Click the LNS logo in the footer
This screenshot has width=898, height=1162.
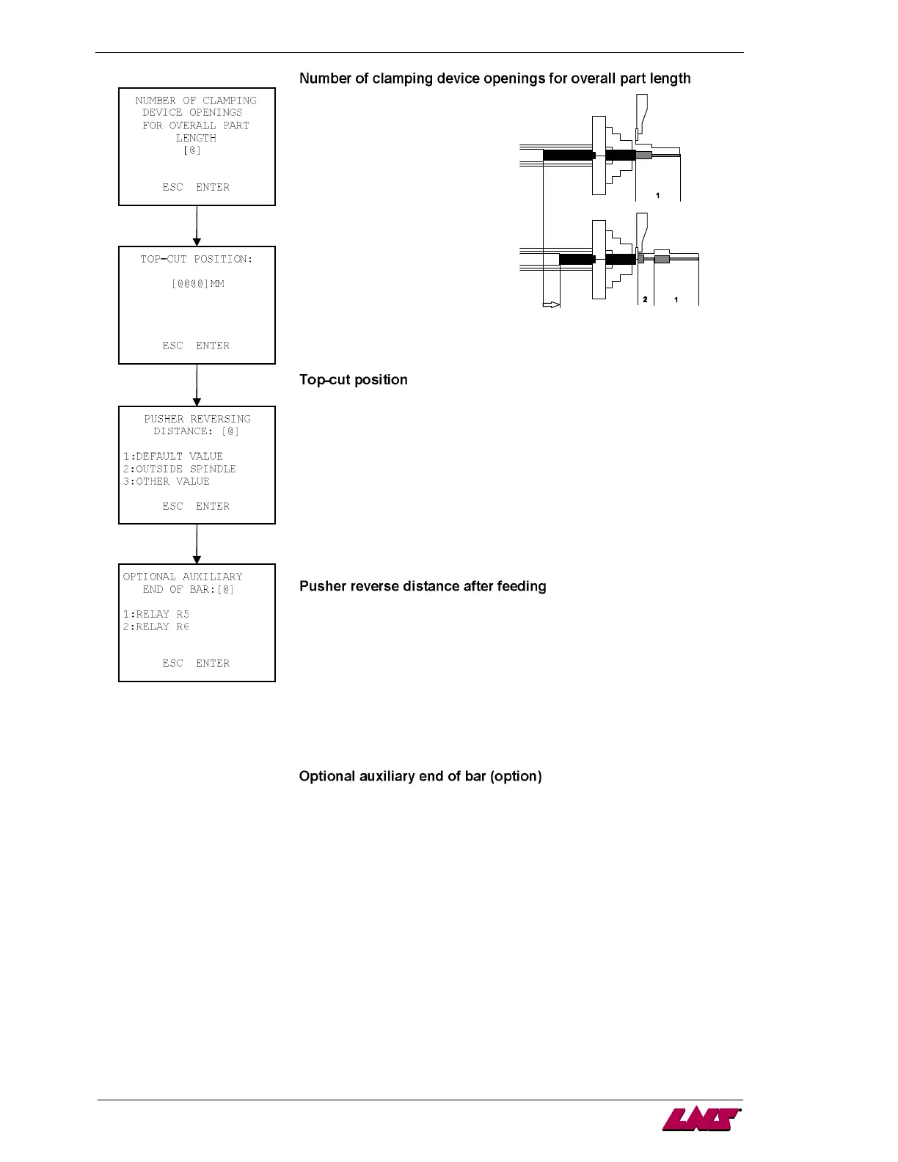[701, 1119]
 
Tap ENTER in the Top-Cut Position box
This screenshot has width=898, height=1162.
[213, 346]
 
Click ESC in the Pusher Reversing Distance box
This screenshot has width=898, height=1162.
[172, 506]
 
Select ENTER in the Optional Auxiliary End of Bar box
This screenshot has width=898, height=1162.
[213, 663]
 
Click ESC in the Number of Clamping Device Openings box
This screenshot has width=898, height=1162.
[172, 187]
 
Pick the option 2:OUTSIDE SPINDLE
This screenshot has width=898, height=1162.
[179, 469]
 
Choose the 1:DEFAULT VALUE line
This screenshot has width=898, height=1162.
[172, 456]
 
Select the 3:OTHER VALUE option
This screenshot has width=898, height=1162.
[166, 481]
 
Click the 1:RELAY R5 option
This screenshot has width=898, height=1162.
[156, 614]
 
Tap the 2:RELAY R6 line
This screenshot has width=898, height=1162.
[156, 626]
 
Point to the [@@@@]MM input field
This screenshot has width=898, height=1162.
[197, 284]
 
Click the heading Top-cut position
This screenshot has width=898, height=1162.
[353, 380]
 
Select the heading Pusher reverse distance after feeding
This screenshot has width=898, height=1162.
[423, 586]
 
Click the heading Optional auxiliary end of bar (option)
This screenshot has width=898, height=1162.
[420, 776]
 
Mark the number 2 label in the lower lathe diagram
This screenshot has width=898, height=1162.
[645, 299]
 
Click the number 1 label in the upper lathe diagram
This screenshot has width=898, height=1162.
[657, 196]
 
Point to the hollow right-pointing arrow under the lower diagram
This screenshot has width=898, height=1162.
[551, 304]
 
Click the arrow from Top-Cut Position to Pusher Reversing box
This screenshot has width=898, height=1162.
[197, 385]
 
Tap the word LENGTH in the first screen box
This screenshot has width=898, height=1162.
[196, 138]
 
